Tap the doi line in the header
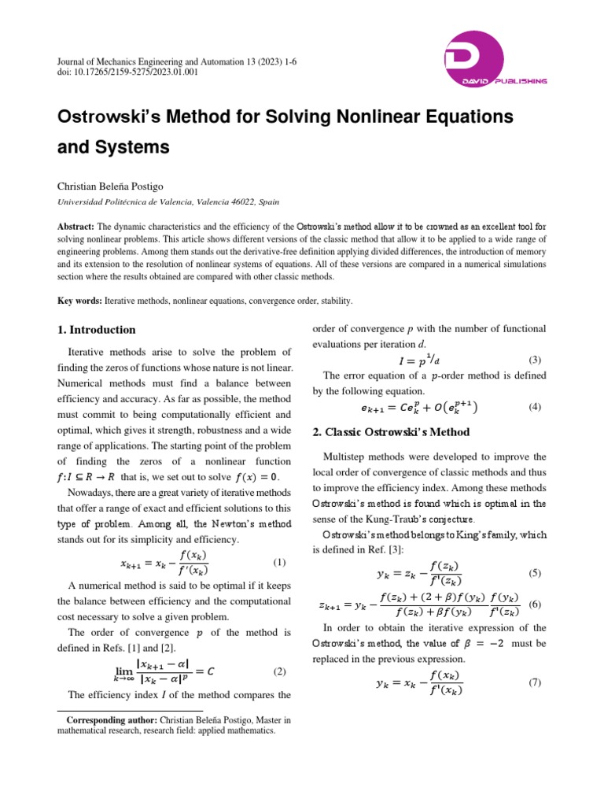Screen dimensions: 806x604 (127, 72)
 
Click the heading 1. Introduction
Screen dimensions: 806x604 (96, 329)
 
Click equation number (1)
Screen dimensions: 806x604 (279, 563)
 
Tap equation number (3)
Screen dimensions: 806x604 (535, 360)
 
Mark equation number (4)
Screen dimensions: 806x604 (535, 407)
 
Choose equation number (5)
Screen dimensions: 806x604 (535, 572)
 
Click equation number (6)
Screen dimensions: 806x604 (535, 604)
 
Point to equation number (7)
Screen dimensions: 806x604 (535, 682)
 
